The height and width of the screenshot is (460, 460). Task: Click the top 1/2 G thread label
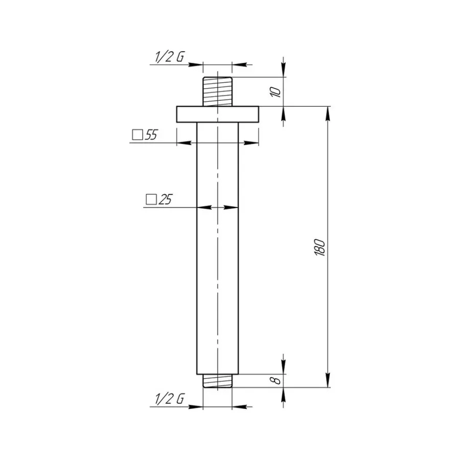pyautogui.click(x=170, y=56)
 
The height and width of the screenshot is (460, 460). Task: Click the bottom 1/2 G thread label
pyautogui.click(x=170, y=399)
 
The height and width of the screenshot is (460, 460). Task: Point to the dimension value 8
pyautogui.click(x=276, y=380)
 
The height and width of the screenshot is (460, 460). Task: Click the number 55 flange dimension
pyautogui.click(x=151, y=134)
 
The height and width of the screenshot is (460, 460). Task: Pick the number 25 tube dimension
pyautogui.click(x=165, y=199)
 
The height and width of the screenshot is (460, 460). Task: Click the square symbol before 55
pyautogui.click(x=137, y=135)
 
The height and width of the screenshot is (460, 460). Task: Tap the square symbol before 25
pyautogui.click(x=151, y=199)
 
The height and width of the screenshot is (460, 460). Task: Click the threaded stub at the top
pyautogui.click(x=218, y=91)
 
